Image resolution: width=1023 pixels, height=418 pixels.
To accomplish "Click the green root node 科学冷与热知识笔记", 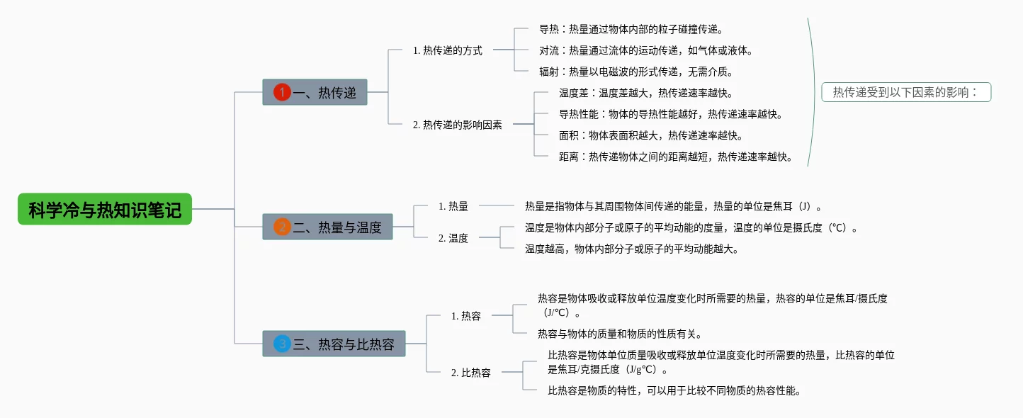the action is tap(105, 209).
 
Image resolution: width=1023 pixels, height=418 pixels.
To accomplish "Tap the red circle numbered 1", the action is tap(282, 92).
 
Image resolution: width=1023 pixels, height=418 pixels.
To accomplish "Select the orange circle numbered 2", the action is tap(282, 227).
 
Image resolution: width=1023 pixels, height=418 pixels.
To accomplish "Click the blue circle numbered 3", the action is tap(282, 344).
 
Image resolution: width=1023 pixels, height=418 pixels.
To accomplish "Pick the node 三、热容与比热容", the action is tap(334, 344).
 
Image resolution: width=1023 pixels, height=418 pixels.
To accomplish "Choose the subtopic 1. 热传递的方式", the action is tap(448, 50).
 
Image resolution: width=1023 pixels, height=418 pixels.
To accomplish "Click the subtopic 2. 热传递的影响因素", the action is tap(457, 125).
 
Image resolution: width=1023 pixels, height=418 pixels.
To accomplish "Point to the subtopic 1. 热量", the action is tap(453, 206).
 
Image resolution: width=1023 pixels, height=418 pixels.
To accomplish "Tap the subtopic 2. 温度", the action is tap(453, 238).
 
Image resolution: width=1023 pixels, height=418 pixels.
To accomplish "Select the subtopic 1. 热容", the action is tap(466, 316).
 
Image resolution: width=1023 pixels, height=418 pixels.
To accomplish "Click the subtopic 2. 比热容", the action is tap(471, 373).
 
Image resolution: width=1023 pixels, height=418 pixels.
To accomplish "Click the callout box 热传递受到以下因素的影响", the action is tap(906, 92).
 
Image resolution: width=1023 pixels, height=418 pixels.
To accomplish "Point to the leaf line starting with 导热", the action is tap(631, 29).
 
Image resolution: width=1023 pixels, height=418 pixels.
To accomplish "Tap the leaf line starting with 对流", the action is tap(646, 51).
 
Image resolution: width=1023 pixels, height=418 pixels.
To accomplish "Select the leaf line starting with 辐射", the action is tap(636, 72).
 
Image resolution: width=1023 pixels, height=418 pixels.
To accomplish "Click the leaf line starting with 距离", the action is tap(675, 157).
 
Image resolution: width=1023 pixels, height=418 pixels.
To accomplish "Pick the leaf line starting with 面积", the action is tap(651, 135).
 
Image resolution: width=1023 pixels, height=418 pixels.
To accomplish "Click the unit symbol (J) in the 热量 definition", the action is tap(805, 206).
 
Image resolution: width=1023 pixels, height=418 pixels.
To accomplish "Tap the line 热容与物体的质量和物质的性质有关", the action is tap(620, 334).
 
